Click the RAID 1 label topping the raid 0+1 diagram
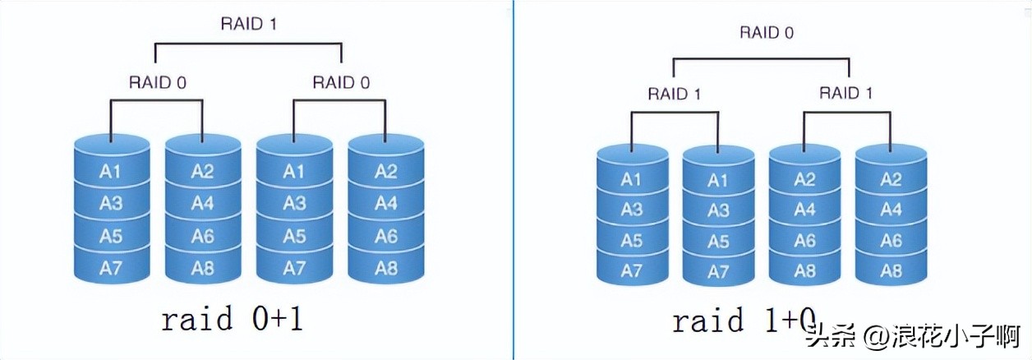tap(248, 23)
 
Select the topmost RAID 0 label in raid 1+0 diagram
tap(767, 33)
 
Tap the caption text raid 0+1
tap(232, 319)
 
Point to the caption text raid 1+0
tap(744, 321)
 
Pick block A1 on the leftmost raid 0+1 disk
tap(111, 171)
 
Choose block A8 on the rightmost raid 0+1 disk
tap(386, 268)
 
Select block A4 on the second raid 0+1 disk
tap(203, 203)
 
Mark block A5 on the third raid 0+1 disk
tap(294, 236)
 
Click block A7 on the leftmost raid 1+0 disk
tap(631, 271)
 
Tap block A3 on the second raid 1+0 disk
tap(718, 210)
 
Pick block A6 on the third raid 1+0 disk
tap(804, 241)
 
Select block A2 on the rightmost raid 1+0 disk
tap(891, 180)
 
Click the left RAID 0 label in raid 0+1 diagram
tap(157, 82)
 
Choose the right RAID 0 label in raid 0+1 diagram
tap(340, 82)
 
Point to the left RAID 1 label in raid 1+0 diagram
tap(674, 93)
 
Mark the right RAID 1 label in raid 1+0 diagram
tap(845, 93)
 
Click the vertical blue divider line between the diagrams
tap(514, 180)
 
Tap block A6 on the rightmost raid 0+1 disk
tap(386, 236)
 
